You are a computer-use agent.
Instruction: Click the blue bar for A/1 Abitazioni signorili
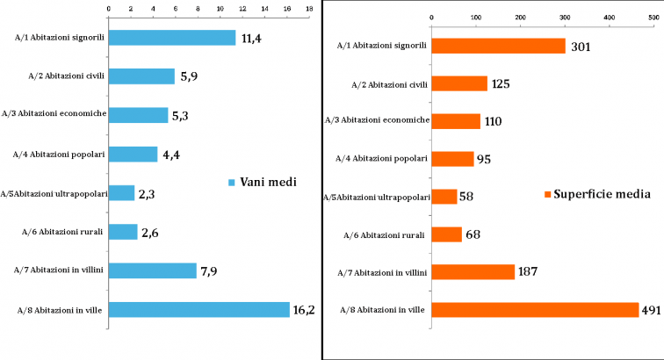pos(171,38)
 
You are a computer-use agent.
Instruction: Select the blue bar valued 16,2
pos(198,309)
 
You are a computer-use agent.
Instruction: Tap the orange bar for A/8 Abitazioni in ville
pos(535,310)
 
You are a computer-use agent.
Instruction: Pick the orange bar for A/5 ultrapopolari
pos(444,197)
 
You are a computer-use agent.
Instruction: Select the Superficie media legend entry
pos(597,194)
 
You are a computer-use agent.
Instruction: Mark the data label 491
pos(659,310)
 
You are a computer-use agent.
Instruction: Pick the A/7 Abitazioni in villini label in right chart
pos(383,272)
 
